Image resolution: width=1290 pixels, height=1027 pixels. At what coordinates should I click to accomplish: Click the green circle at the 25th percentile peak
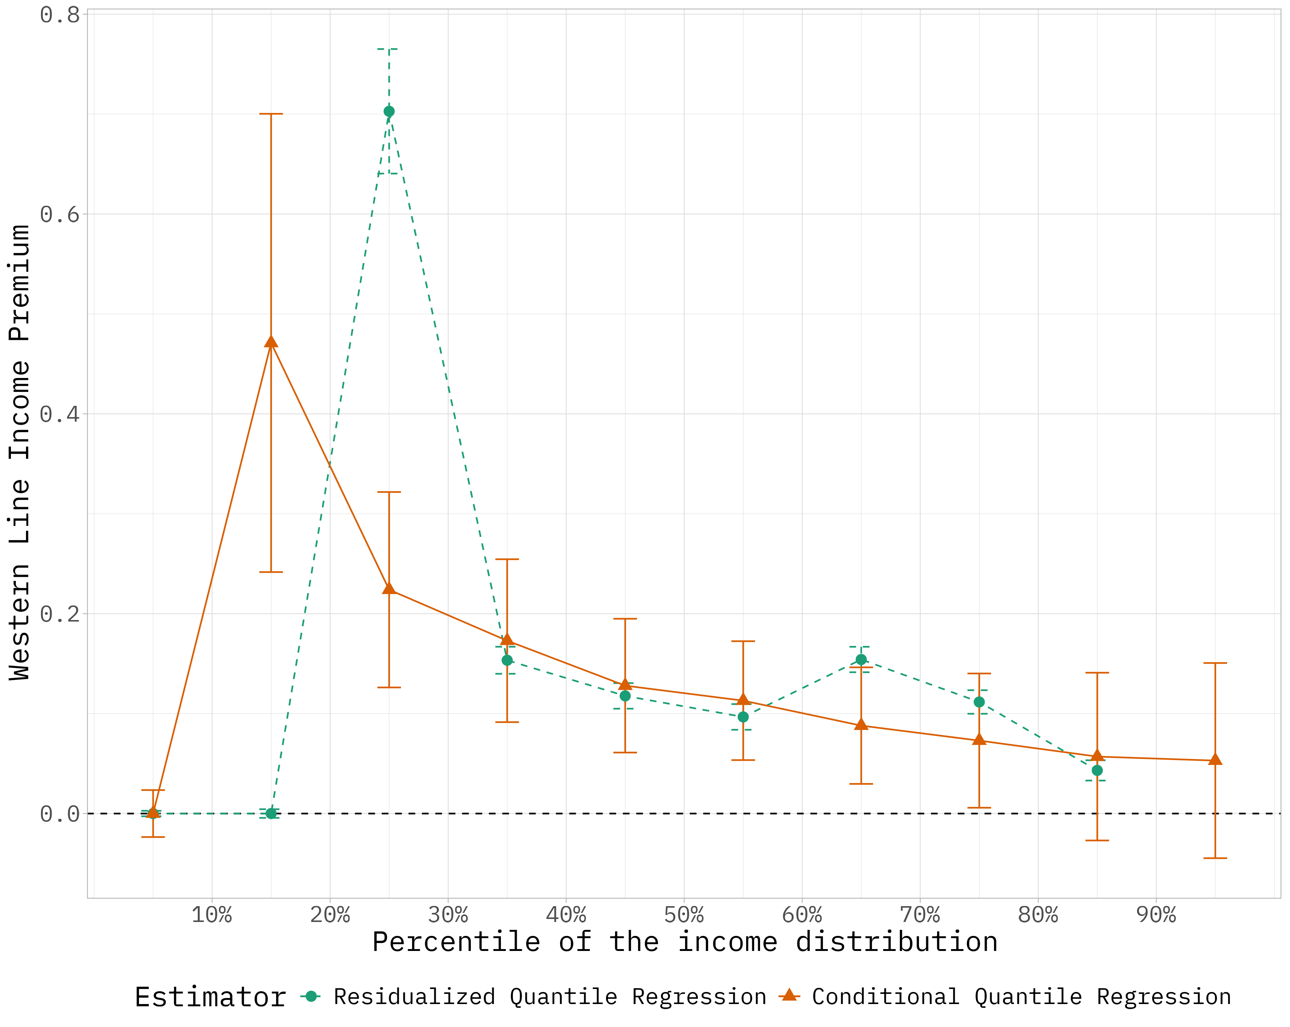tap(389, 111)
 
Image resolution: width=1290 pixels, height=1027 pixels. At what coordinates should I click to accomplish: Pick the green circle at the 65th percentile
tap(861, 660)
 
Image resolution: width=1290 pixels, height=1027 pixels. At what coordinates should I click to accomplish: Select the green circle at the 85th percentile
tap(1097, 770)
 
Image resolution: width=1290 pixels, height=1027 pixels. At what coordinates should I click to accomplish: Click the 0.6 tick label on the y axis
tap(60, 214)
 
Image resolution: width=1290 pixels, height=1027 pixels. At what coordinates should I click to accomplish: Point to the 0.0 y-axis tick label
tap(60, 814)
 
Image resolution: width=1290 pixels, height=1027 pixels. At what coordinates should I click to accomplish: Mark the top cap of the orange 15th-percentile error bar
tap(271, 114)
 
